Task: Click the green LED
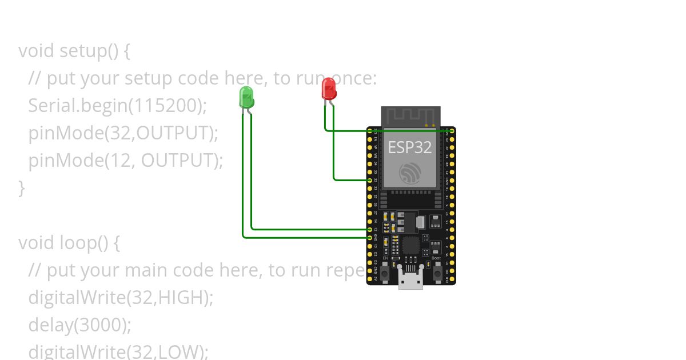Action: (246, 97)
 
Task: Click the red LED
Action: (329, 89)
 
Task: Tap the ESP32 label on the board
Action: (410, 147)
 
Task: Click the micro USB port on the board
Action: (410, 280)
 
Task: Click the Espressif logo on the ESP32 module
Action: (410, 172)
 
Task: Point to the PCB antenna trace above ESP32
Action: (410, 116)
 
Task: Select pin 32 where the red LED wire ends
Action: (370, 180)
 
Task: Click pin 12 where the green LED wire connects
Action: (370, 229)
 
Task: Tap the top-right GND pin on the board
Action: (452, 131)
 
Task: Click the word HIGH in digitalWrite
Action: (182, 298)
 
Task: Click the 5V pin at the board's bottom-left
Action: (370, 278)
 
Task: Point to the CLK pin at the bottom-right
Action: (452, 278)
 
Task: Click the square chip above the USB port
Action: (410, 246)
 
